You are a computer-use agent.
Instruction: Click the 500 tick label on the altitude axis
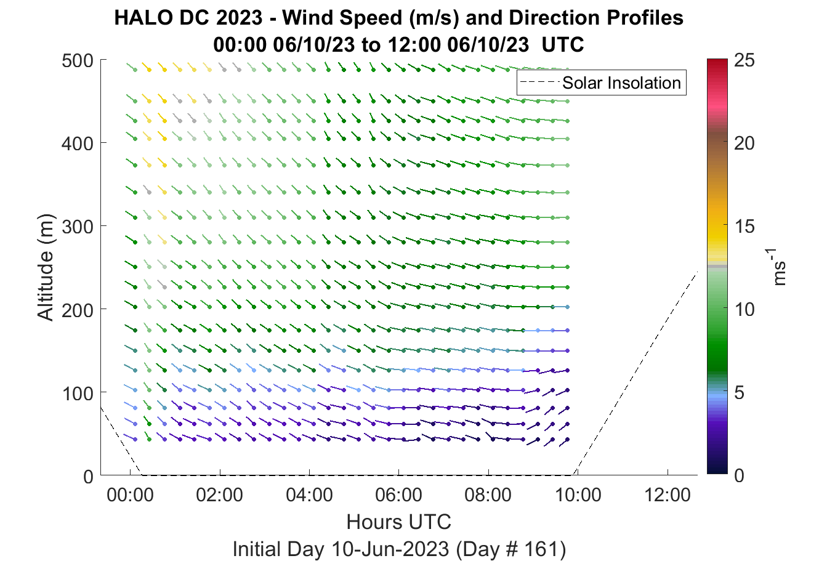[x=78, y=60]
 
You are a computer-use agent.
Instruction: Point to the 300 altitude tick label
[x=78, y=227]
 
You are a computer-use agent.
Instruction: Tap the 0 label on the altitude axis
[x=89, y=477]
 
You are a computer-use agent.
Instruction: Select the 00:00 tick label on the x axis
[x=130, y=495]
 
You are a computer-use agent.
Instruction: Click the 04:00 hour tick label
[x=309, y=495]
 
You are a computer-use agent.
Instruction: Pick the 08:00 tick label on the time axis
[x=488, y=495]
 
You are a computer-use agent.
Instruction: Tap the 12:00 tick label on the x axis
[x=668, y=495]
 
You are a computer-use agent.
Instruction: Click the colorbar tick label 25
[x=744, y=60]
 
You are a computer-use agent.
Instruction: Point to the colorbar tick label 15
[x=744, y=226]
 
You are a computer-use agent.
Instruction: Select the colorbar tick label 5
[x=739, y=392]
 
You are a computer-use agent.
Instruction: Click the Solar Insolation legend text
[x=622, y=83]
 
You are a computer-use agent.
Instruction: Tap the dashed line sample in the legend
[x=540, y=83]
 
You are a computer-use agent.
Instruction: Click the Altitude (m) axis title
[x=46, y=267]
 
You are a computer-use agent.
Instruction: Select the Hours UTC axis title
[x=399, y=522]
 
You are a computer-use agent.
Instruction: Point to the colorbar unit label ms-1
[x=777, y=267]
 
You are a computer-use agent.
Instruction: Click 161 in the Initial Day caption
[x=543, y=549]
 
